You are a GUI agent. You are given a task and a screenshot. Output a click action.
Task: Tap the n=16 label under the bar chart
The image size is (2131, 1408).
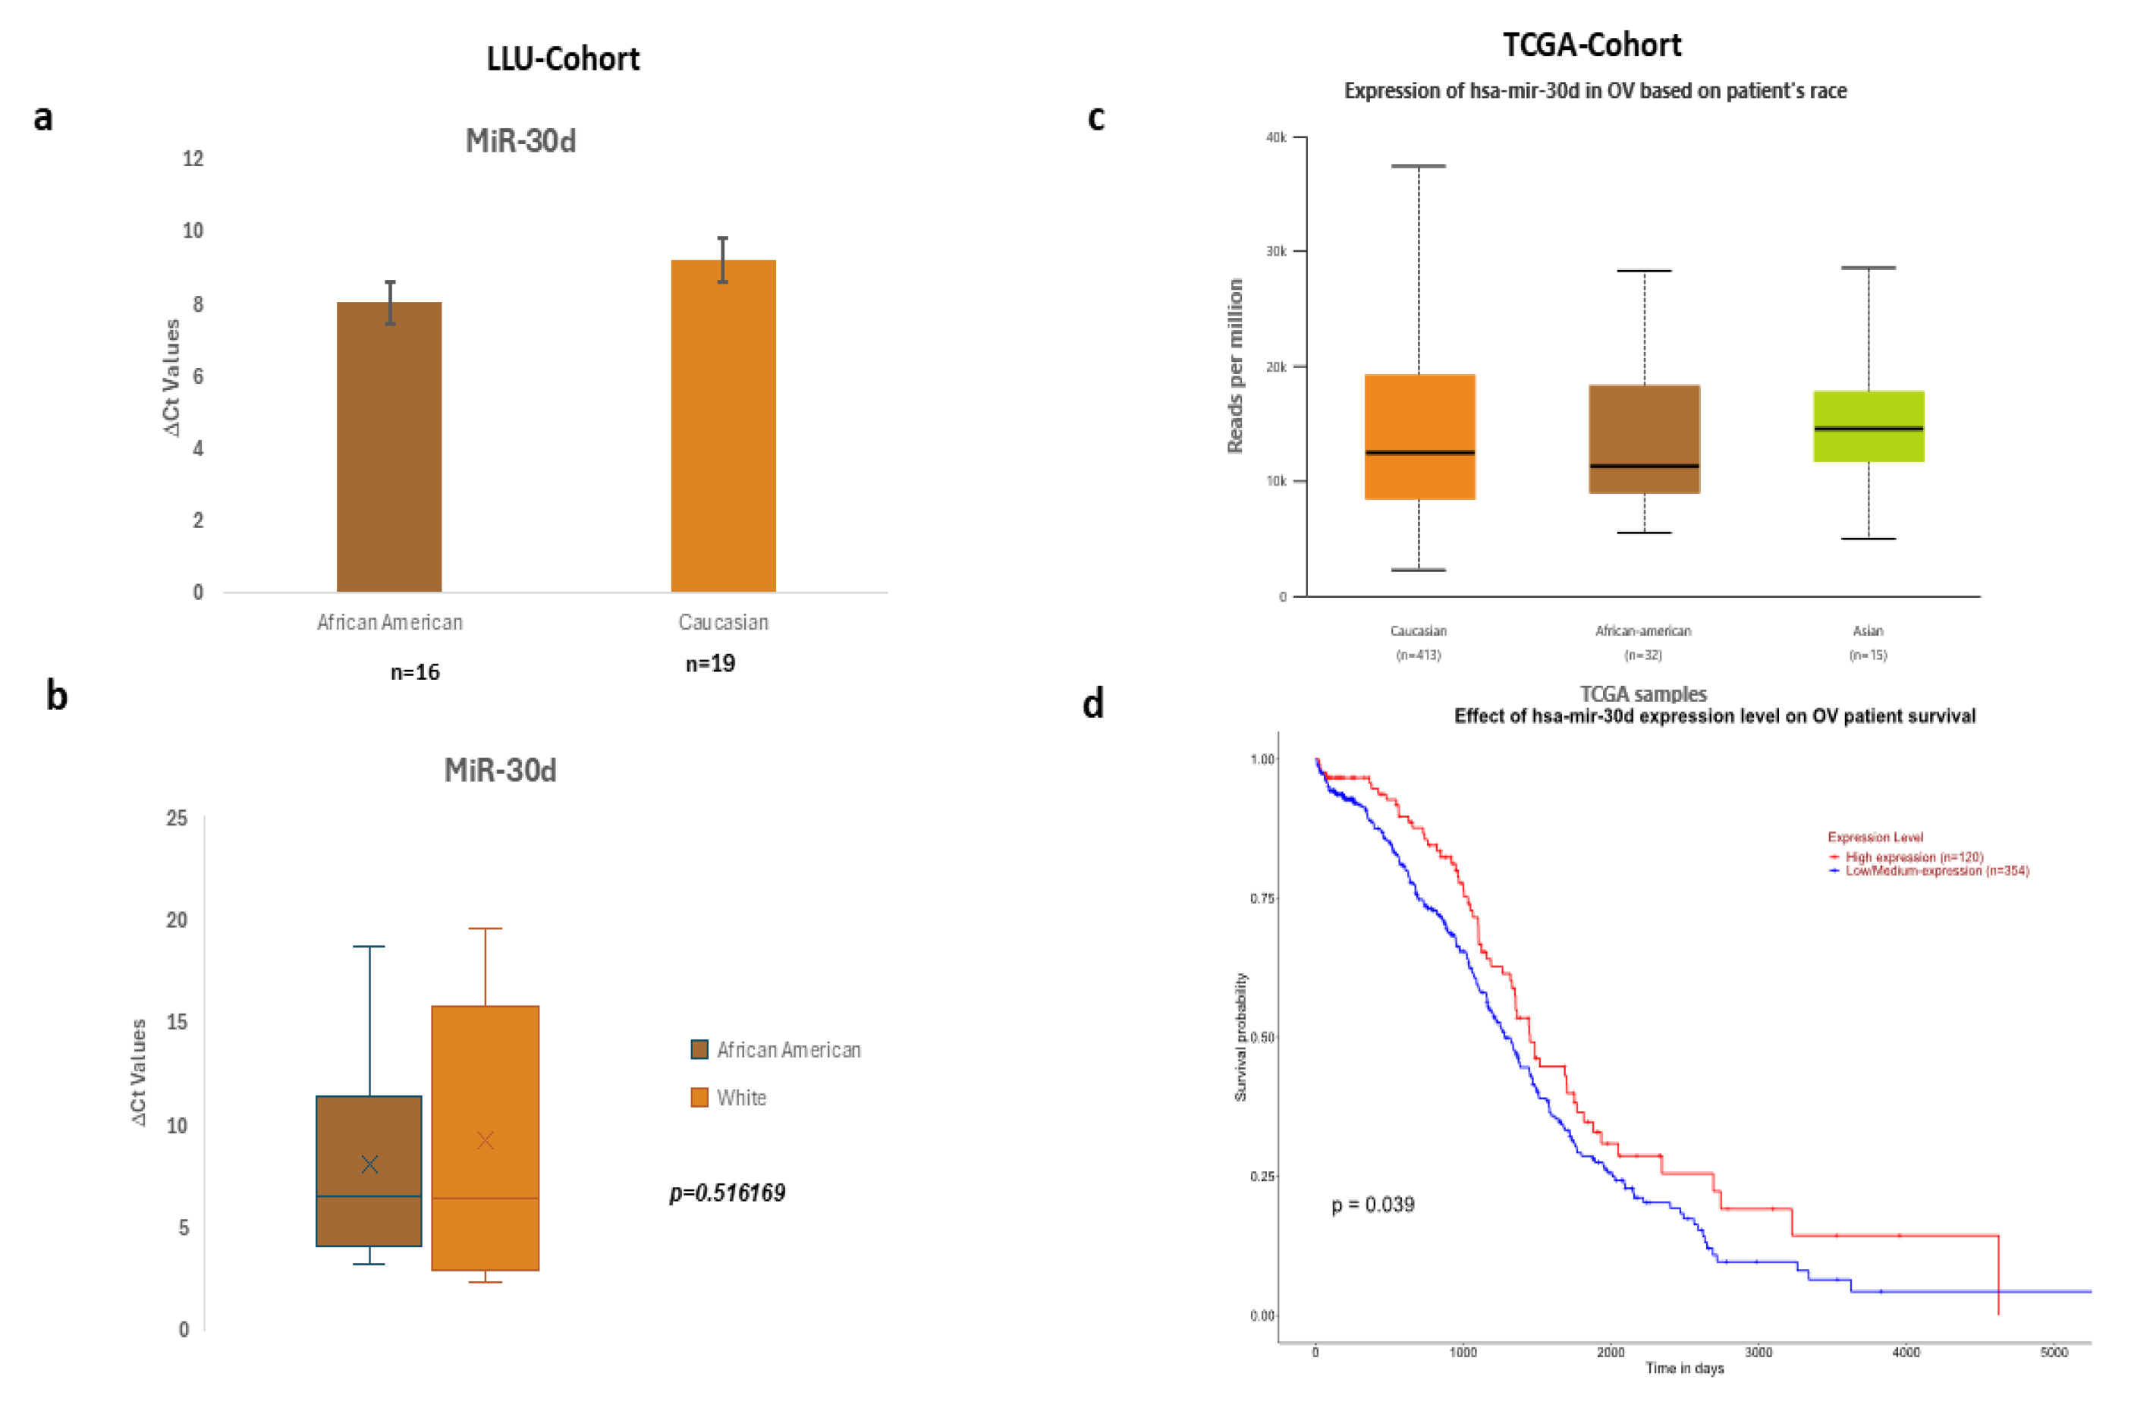click(415, 671)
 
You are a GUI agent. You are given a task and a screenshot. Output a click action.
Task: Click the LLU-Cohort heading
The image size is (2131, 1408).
click(563, 59)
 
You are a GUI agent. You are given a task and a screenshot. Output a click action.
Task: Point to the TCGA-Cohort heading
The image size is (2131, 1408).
click(1592, 45)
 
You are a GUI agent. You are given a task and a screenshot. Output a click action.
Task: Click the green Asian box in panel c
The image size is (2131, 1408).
click(1868, 426)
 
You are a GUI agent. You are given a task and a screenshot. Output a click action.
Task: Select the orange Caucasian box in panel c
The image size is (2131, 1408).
click(1419, 436)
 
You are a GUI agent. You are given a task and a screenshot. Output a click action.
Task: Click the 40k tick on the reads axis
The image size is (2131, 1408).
click(1276, 137)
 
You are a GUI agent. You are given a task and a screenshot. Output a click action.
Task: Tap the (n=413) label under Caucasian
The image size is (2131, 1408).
click(1418, 655)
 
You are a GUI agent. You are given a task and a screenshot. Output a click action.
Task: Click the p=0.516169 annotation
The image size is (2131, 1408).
click(728, 1193)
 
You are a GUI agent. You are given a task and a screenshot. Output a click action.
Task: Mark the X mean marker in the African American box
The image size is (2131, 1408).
click(369, 1164)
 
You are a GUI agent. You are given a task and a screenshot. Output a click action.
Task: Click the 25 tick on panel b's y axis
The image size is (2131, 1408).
click(177, 818)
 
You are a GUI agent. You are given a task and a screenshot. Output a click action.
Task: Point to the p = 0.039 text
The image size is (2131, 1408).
click(1372, 1204)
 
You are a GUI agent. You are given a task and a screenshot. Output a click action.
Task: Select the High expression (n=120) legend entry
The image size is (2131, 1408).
click(1913, 856)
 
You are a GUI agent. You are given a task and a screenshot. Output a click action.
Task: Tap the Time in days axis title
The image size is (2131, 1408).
click(1684, 1369)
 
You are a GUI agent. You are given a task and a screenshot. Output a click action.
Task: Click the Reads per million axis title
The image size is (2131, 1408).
click(1235, 366)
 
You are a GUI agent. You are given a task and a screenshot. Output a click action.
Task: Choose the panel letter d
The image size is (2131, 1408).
click(1093, 703)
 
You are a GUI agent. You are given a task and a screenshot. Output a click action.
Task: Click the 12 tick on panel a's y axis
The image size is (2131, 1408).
click(193, 159)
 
